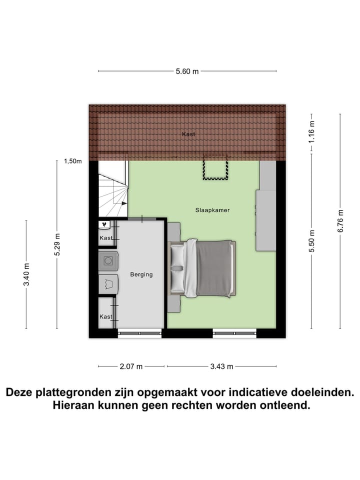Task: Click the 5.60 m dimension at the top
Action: (x=187, y=71)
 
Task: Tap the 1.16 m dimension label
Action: (x=311, y=133)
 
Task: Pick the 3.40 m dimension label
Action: (x=26, y=274)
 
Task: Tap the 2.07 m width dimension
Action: (x=131, y=366)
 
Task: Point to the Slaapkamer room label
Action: (x=212, y=210)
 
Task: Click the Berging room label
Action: (x=141, y=274)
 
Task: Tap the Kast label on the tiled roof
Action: (x=188, y=134)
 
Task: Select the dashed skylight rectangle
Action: (x=215, y=168)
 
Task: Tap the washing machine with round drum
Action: (x=108, y=260)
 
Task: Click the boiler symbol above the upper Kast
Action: (x=105, y=225)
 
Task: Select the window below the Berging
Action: (x=139, y=332)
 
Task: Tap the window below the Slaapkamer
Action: (x=234, y=332)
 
